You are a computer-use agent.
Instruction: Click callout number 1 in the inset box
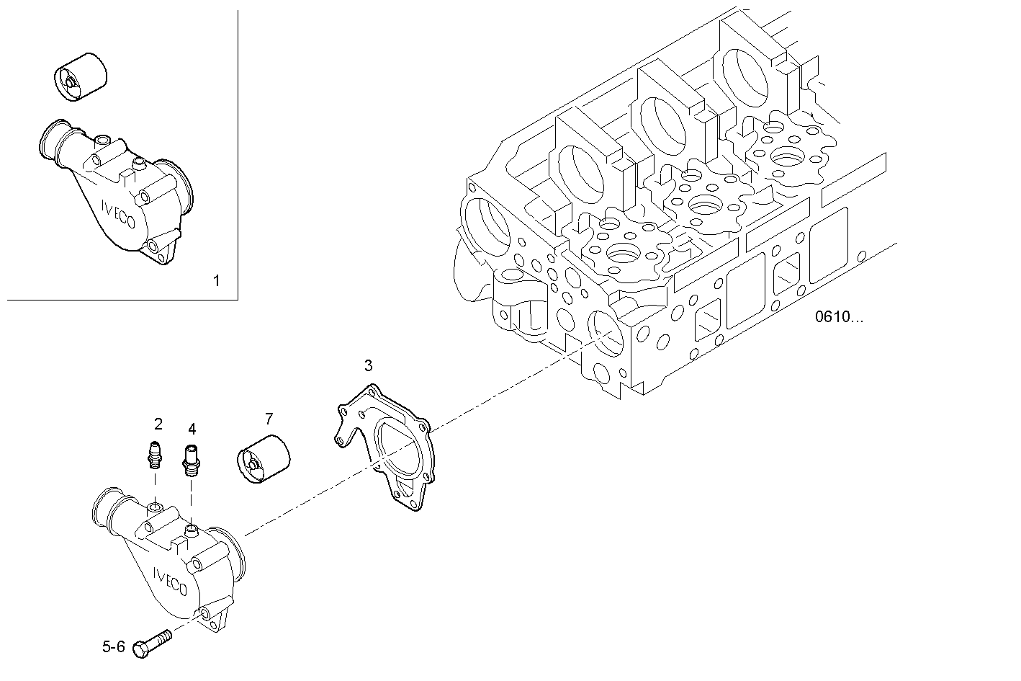216,280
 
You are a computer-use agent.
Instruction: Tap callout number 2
158,424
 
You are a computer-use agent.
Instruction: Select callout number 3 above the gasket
368,365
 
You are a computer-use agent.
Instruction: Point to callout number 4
192,429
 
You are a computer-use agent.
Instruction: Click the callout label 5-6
113,647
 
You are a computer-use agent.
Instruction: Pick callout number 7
269,418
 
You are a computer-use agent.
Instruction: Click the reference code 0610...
838,316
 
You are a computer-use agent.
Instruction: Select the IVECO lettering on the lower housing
170,580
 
